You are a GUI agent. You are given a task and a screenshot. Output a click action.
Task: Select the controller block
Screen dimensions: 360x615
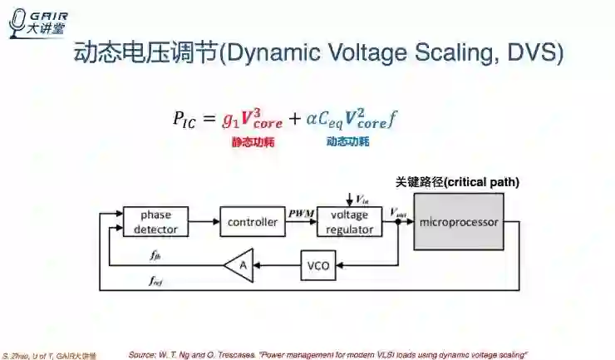point(253,221)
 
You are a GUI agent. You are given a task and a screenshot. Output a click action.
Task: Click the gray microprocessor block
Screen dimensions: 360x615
point(459,222)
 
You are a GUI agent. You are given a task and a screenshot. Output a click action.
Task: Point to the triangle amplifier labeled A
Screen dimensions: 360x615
point(240,265)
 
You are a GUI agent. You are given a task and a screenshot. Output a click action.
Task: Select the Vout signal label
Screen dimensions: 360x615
point(398,214)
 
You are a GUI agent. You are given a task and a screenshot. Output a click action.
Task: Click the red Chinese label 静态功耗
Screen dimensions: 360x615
point(253,142)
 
